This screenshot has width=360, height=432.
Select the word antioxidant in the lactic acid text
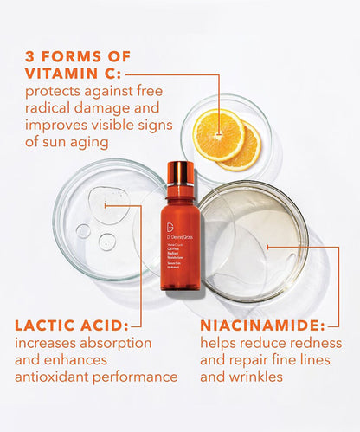[54, 377]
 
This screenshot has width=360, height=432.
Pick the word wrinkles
[259, 377]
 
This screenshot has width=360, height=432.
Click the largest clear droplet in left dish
[102, 206]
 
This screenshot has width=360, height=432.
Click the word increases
[48, 344]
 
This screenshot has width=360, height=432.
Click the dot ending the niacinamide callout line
[268, 247]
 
